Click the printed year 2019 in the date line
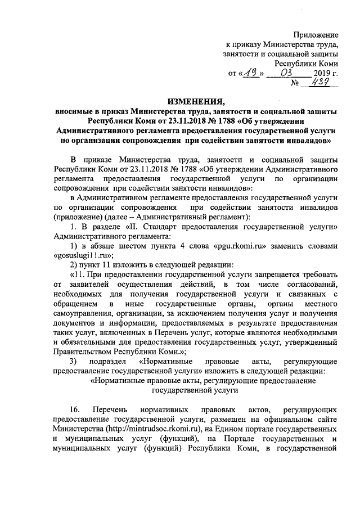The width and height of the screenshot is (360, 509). point(320,73)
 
